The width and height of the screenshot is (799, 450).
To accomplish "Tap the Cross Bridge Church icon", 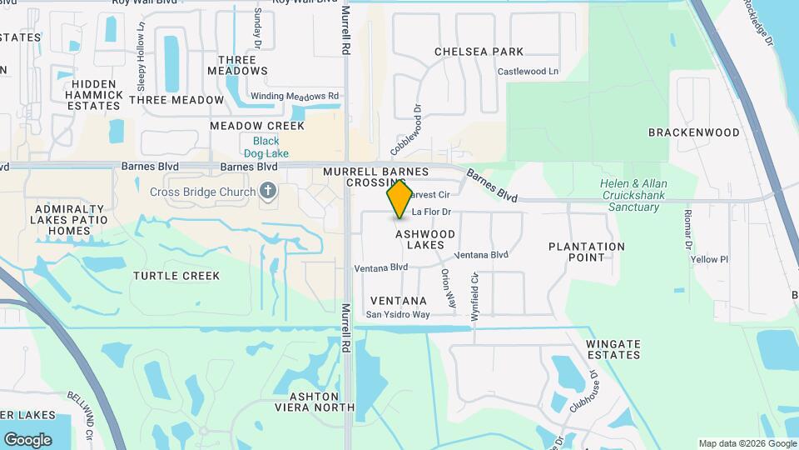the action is (x=268, y=192).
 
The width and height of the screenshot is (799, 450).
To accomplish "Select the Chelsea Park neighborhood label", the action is (x=479, y=52).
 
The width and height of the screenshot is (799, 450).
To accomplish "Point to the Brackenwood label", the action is (x=693, y=132).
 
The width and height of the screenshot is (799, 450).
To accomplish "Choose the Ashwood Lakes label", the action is (x=425, y=240).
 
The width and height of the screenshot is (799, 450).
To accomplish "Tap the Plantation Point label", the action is (x=587, y=252).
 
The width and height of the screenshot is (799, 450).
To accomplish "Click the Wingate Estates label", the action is (x=613, y=349).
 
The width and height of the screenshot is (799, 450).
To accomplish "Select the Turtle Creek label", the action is (x=176, y=276).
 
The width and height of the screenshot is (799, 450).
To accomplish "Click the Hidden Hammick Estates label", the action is (x=97, y=95).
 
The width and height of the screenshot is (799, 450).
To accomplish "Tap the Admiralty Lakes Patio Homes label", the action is (x=70, y=220).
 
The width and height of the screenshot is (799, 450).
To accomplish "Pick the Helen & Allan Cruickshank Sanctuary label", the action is (x=633, y=195).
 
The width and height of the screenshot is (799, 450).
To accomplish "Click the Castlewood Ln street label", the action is (x=528, y=72).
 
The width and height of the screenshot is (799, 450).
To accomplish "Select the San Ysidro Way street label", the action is (x=398, y=315).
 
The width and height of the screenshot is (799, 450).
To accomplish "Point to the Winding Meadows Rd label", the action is (x=295, y=96).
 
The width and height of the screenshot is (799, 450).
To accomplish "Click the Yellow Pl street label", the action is (x=709, y=259).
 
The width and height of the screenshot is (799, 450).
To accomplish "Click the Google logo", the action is (x=27, y=440).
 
